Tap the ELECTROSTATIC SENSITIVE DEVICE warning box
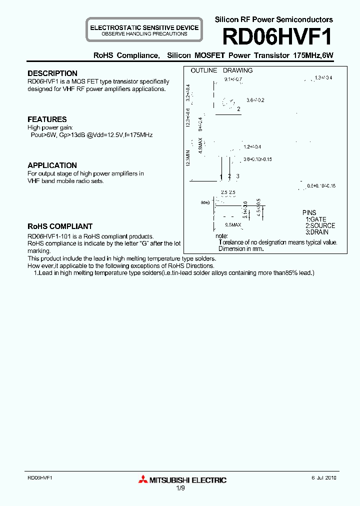pos(144,30)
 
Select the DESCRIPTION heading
pos(52,73)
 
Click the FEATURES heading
pos(47,119)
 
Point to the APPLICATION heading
pos(52,165)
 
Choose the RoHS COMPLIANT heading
pos(60,226)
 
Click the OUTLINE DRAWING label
pos(221,70)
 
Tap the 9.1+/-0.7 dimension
pos(233,80)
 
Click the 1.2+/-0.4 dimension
pos(252,147)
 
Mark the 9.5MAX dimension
pos(233,225)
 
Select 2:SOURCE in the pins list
pos(320,226)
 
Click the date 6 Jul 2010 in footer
pos(324,478)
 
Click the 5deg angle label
pos(204,202)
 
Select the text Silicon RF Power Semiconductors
pos(273,19)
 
